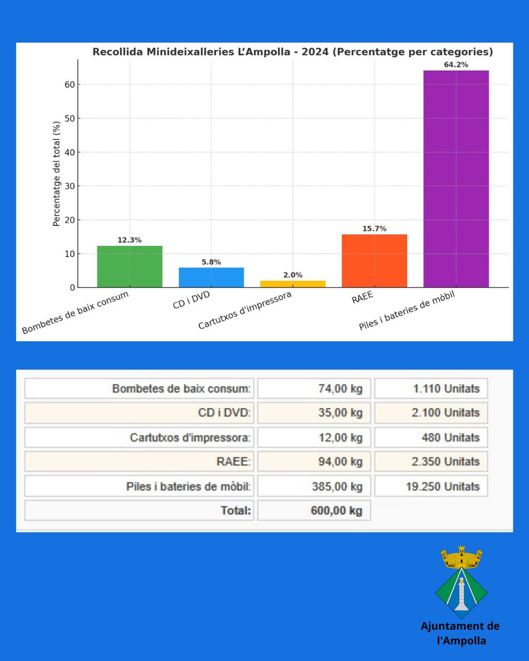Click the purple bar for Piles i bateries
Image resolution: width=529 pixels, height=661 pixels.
tap(456, 179)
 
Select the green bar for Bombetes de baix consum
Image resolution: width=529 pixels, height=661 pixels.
tap(129, 266)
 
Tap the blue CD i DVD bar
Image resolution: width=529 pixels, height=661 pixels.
tap(211, 277)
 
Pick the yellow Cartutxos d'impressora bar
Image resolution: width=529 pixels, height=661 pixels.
tap(293, 284)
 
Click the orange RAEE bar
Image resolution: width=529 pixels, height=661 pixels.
tap(374, 260)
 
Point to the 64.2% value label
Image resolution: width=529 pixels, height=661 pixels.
tap(456, 65)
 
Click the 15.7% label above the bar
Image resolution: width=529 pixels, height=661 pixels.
tap(374, 229)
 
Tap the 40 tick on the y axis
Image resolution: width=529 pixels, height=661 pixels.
tap(70, 152)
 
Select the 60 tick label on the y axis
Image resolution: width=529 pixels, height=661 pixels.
tap(70, 85)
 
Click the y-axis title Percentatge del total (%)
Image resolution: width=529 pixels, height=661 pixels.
tap(56, 174)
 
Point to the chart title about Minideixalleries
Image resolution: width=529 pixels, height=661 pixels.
tap(292, 52)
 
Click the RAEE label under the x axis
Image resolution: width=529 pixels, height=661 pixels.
tap(362, 297)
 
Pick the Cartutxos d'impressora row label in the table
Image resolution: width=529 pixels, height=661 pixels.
tap(190, 438)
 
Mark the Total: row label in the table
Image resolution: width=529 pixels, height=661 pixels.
tap(236, 511)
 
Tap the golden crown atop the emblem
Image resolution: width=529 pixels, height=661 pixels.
tap(461, 558)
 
